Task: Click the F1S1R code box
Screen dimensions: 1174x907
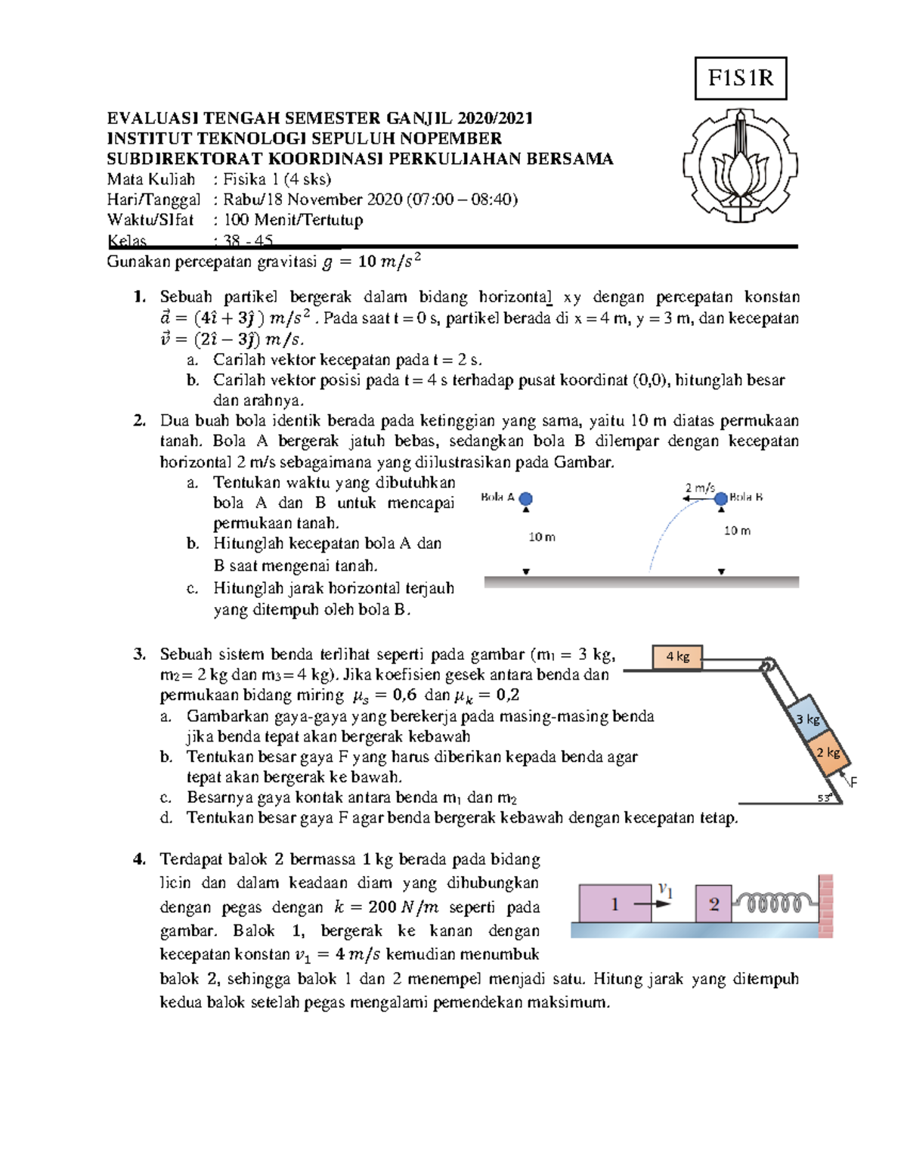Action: coord(740,79)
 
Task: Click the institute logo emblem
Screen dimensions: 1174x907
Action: coord(740,166)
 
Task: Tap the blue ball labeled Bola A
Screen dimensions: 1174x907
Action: coord(526,498)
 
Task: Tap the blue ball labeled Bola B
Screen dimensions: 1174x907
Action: coord(721,498)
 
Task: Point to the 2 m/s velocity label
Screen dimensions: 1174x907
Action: coord(699,488)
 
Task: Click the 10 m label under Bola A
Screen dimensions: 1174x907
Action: coord(541,537)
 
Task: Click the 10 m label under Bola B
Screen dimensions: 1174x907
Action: coord(737,531)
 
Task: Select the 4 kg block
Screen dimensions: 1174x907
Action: coord(677,657)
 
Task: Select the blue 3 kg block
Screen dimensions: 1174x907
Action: coord(807,719)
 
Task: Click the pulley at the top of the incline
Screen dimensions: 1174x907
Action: coord(767,665)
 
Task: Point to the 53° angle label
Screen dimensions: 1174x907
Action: coord(824,798)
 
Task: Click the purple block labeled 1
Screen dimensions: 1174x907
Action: coord(614,903)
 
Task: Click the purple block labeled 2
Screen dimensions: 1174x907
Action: coord(713,903)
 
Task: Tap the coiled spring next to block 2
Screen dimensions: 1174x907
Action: coord(775,903)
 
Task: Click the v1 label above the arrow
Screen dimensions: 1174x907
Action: coord(664,889)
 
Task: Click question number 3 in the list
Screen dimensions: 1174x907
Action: coord(139,655)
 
